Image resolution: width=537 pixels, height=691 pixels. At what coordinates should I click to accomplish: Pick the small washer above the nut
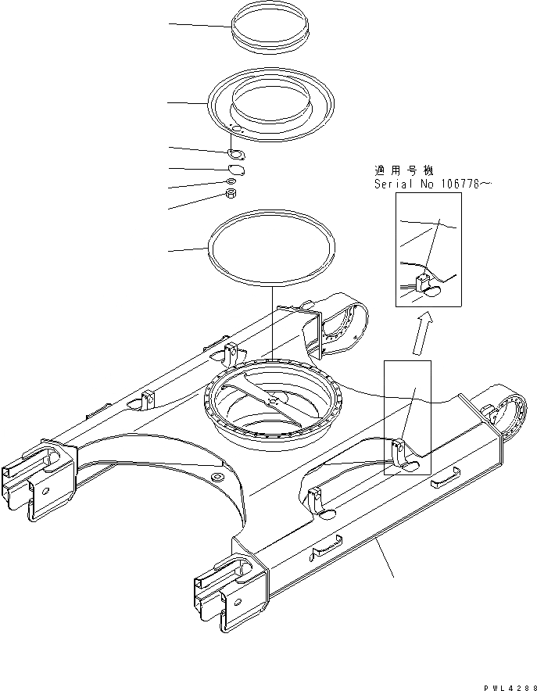[231, 182]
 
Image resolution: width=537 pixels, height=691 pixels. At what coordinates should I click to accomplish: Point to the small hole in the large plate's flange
[238, 129]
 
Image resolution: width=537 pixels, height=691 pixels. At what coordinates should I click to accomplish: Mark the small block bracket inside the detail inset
[425, 282]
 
